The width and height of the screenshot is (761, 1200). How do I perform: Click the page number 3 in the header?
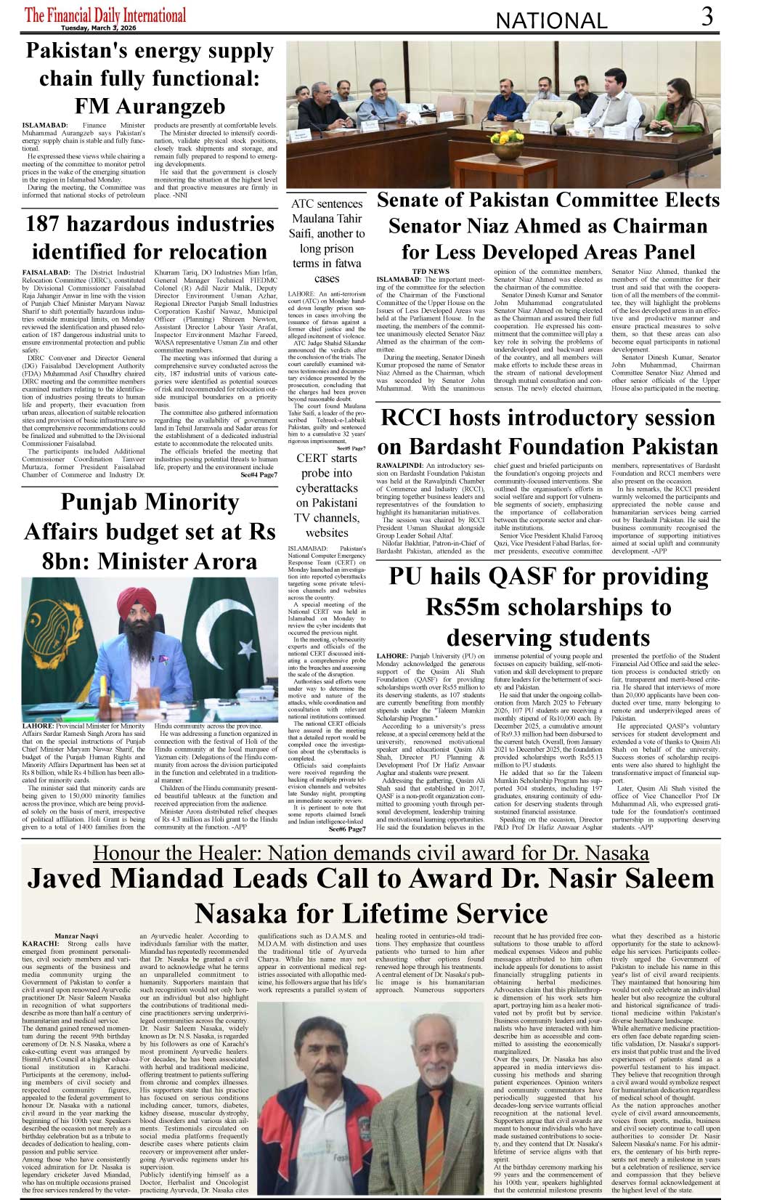[x=707, y=17]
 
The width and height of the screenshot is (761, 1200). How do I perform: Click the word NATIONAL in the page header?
[x=551, y=21]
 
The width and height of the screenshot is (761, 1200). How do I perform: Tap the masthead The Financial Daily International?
[x=105, y=15]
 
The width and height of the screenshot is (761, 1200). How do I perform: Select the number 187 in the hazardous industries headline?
[x=49, y=224]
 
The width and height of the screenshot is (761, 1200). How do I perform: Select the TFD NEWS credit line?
[x=431, y=272]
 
